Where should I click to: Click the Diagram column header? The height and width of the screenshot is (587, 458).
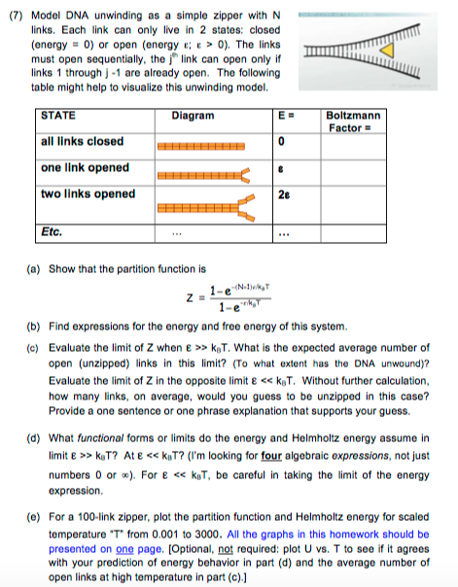(193, 116)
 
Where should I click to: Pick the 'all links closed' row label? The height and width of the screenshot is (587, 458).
(83, 142)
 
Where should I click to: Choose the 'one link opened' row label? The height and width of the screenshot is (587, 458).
(86, 167)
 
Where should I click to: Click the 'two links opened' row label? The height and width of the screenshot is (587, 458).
(88, 193)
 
